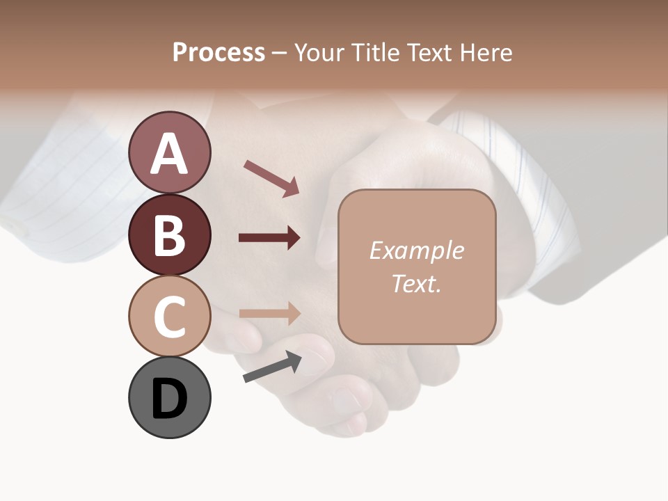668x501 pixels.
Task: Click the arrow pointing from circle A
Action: point(271,177)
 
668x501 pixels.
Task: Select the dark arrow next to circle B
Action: point(269,238)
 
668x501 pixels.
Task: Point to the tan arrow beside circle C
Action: point(269,313)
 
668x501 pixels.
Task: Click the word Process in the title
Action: point(218,53)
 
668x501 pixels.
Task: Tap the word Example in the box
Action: point(416,250)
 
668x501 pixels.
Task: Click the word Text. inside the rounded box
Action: point(416,284)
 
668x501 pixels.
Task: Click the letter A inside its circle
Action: point(170,153)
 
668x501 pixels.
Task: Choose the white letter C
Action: point(170,317)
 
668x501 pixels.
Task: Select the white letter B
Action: point(170,235)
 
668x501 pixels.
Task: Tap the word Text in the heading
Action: point(431,53)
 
